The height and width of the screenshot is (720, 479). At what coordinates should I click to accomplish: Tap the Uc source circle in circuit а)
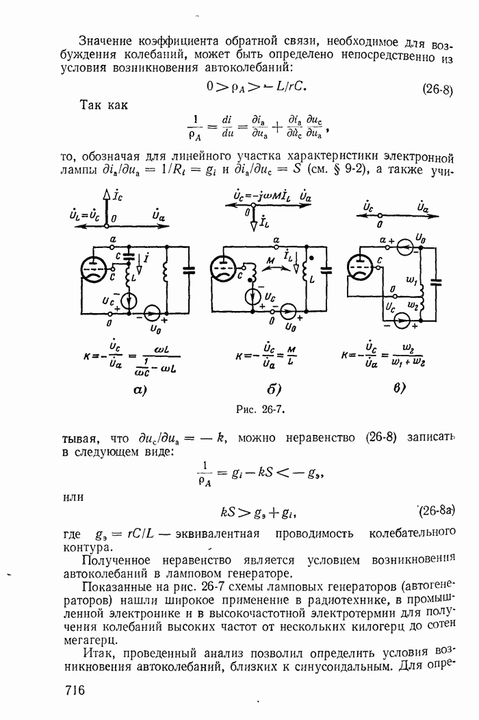pos(128,301)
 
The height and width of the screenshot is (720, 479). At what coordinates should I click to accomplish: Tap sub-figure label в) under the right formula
pos(399,388)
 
